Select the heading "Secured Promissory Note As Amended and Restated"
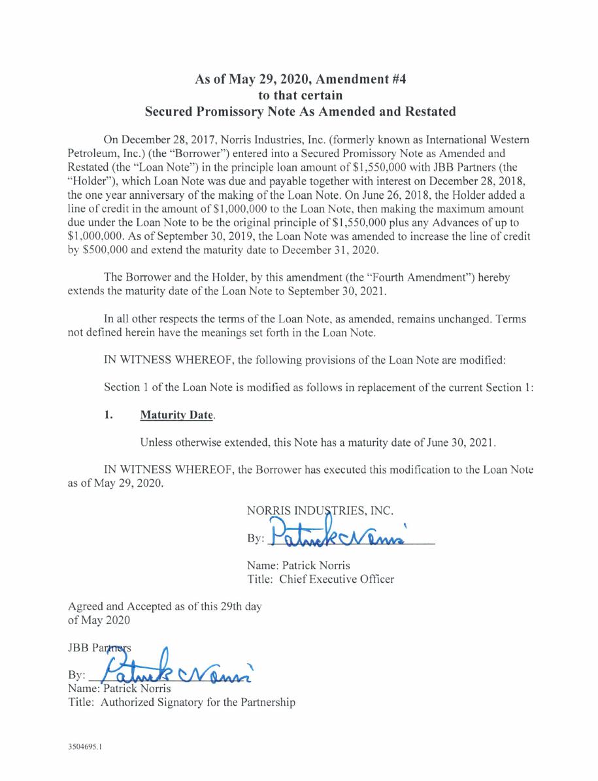coord(299,112)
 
